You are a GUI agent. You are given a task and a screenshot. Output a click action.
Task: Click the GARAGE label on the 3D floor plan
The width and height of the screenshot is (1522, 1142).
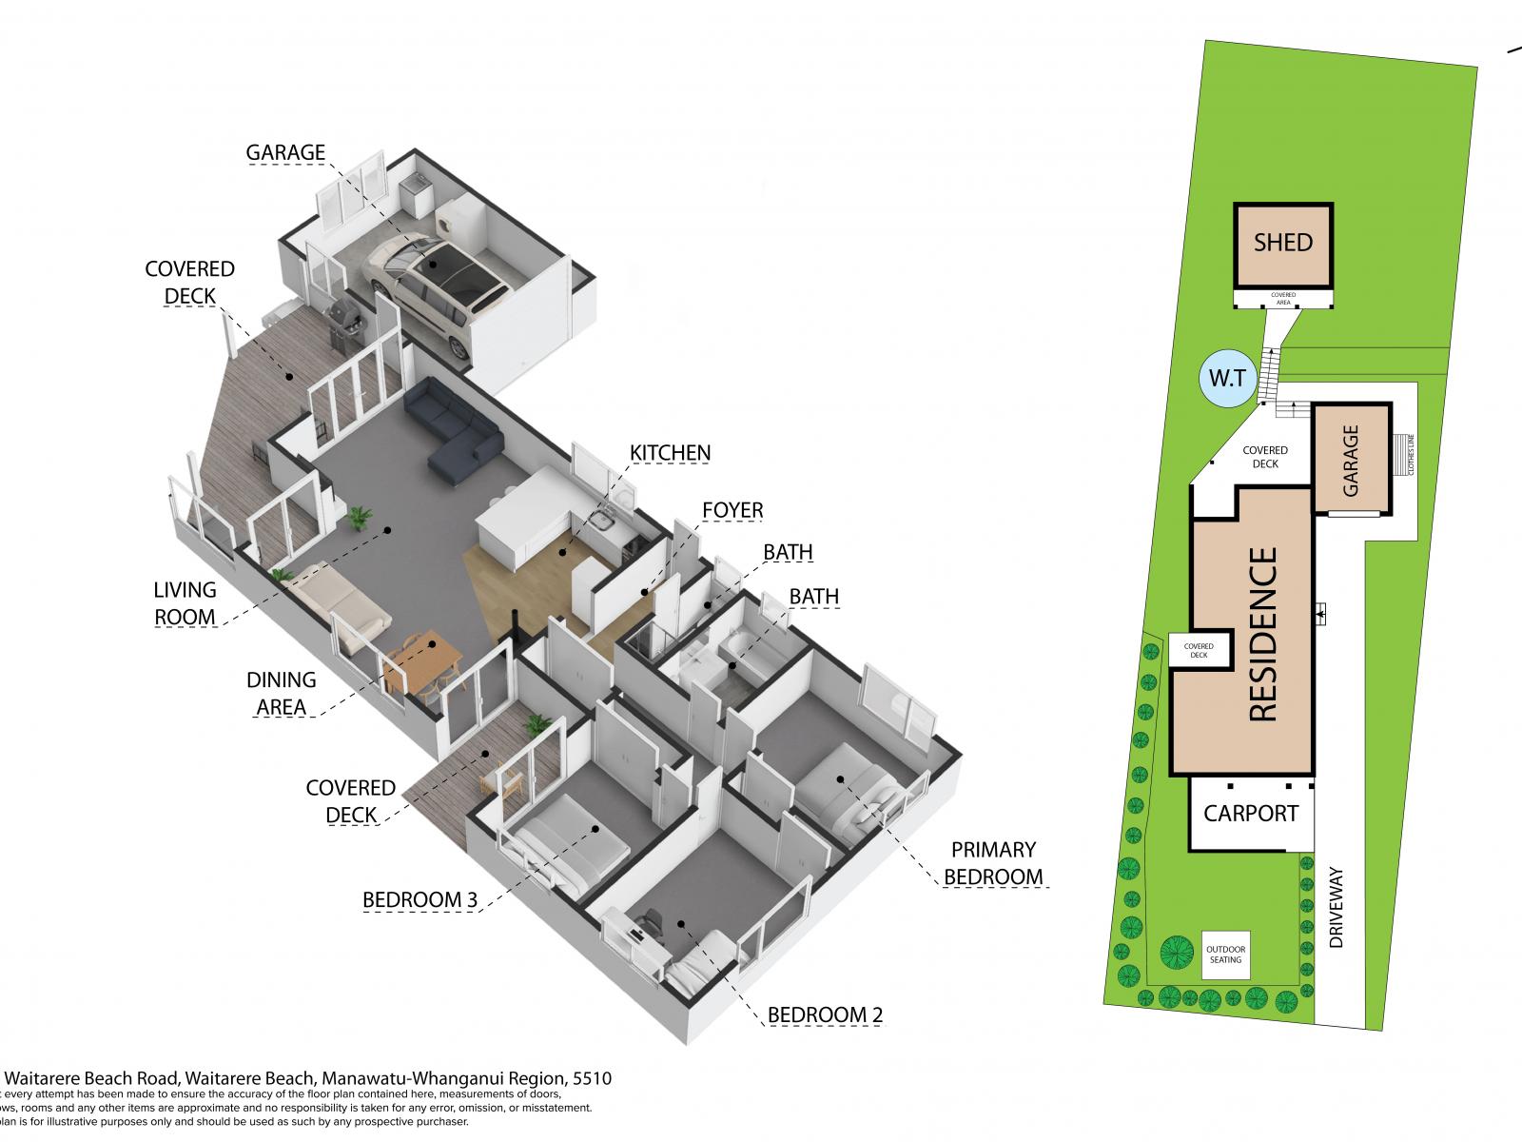[285, 152]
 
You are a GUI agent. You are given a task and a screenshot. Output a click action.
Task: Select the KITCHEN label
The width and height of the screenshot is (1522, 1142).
[671, 452]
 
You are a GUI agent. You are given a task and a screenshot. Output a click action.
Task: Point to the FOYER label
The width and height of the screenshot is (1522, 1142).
[732, 510]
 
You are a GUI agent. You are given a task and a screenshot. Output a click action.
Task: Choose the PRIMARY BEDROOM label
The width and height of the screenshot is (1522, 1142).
[994, 863]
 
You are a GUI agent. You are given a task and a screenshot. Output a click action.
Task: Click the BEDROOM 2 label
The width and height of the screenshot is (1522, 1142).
[825, 1015]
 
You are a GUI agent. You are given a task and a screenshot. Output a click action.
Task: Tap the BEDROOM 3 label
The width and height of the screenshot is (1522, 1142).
[420, 900]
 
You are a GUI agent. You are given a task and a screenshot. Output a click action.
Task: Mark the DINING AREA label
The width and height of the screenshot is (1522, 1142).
[281, 693]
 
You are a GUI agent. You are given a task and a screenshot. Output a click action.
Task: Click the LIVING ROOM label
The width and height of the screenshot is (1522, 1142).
[185, 603]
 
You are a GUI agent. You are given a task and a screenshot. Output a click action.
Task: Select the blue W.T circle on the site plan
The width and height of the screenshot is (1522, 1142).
[1227, 379]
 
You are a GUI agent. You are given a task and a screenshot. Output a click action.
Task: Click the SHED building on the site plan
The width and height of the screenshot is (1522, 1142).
[1282, 244]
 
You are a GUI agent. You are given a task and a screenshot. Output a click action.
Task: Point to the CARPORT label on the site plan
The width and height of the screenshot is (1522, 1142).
[1250, 814]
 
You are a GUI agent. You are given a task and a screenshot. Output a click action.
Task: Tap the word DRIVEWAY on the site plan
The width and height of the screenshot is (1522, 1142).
[1336, 906]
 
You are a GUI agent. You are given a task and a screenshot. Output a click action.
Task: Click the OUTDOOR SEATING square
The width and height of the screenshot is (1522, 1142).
[1225, 954]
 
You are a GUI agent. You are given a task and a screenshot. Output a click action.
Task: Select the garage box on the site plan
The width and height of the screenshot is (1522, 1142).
[1351, 459]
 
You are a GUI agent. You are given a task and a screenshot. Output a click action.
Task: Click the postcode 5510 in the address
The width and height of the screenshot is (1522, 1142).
[590, 1079]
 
